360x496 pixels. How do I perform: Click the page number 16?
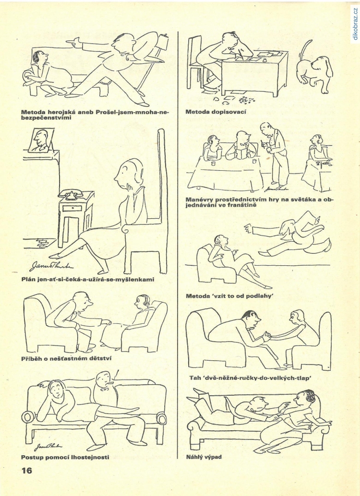pos(27,471)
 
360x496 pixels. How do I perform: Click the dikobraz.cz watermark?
pos(354,24)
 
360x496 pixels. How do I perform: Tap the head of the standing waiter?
pos(265,128)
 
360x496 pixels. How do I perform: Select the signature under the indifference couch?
pos(48,446)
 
